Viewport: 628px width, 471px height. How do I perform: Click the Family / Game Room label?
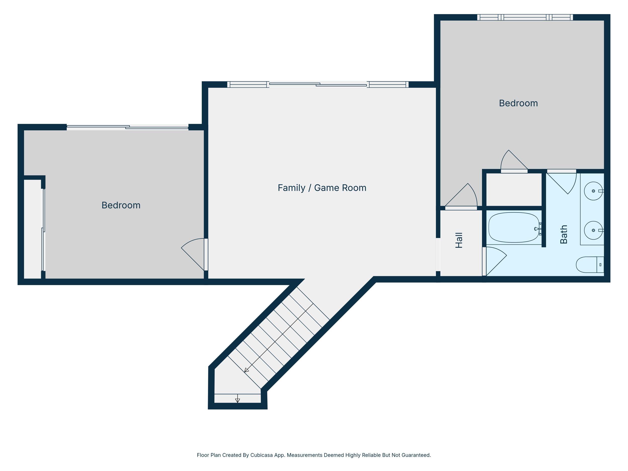click(x=322, y=188)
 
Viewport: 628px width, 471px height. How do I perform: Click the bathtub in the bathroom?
click(x=514, y=227)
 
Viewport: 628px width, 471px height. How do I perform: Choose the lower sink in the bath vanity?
click(x=593, y=230)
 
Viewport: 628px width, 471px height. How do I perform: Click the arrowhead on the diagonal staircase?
click(x=246, y=370)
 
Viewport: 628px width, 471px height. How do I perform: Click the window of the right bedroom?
click(x=525, y=17)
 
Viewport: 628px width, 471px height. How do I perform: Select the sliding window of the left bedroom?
click(x=127, y=127)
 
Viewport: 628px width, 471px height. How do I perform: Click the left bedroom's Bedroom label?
click(x=121, y=205)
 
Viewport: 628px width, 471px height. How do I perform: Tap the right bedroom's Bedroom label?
click(x=518, y=103)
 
